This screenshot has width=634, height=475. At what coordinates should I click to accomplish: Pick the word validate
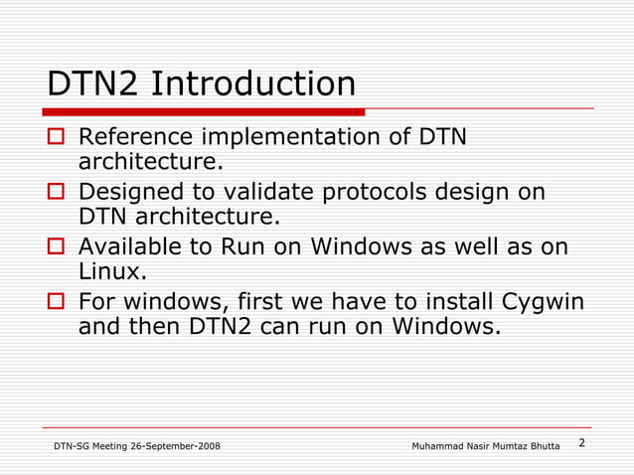click(x=263, y=191)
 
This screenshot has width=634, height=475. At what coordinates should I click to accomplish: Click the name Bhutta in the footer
click(x=544, y=446)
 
